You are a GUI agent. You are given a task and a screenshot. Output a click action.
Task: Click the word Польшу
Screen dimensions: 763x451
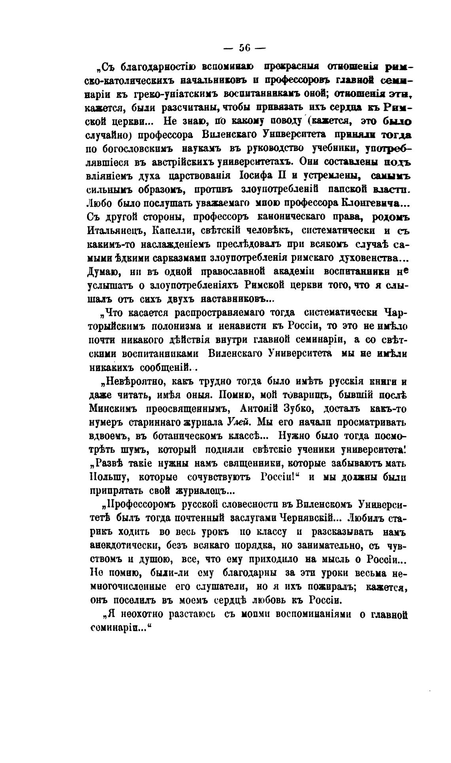[x=110, y=477]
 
